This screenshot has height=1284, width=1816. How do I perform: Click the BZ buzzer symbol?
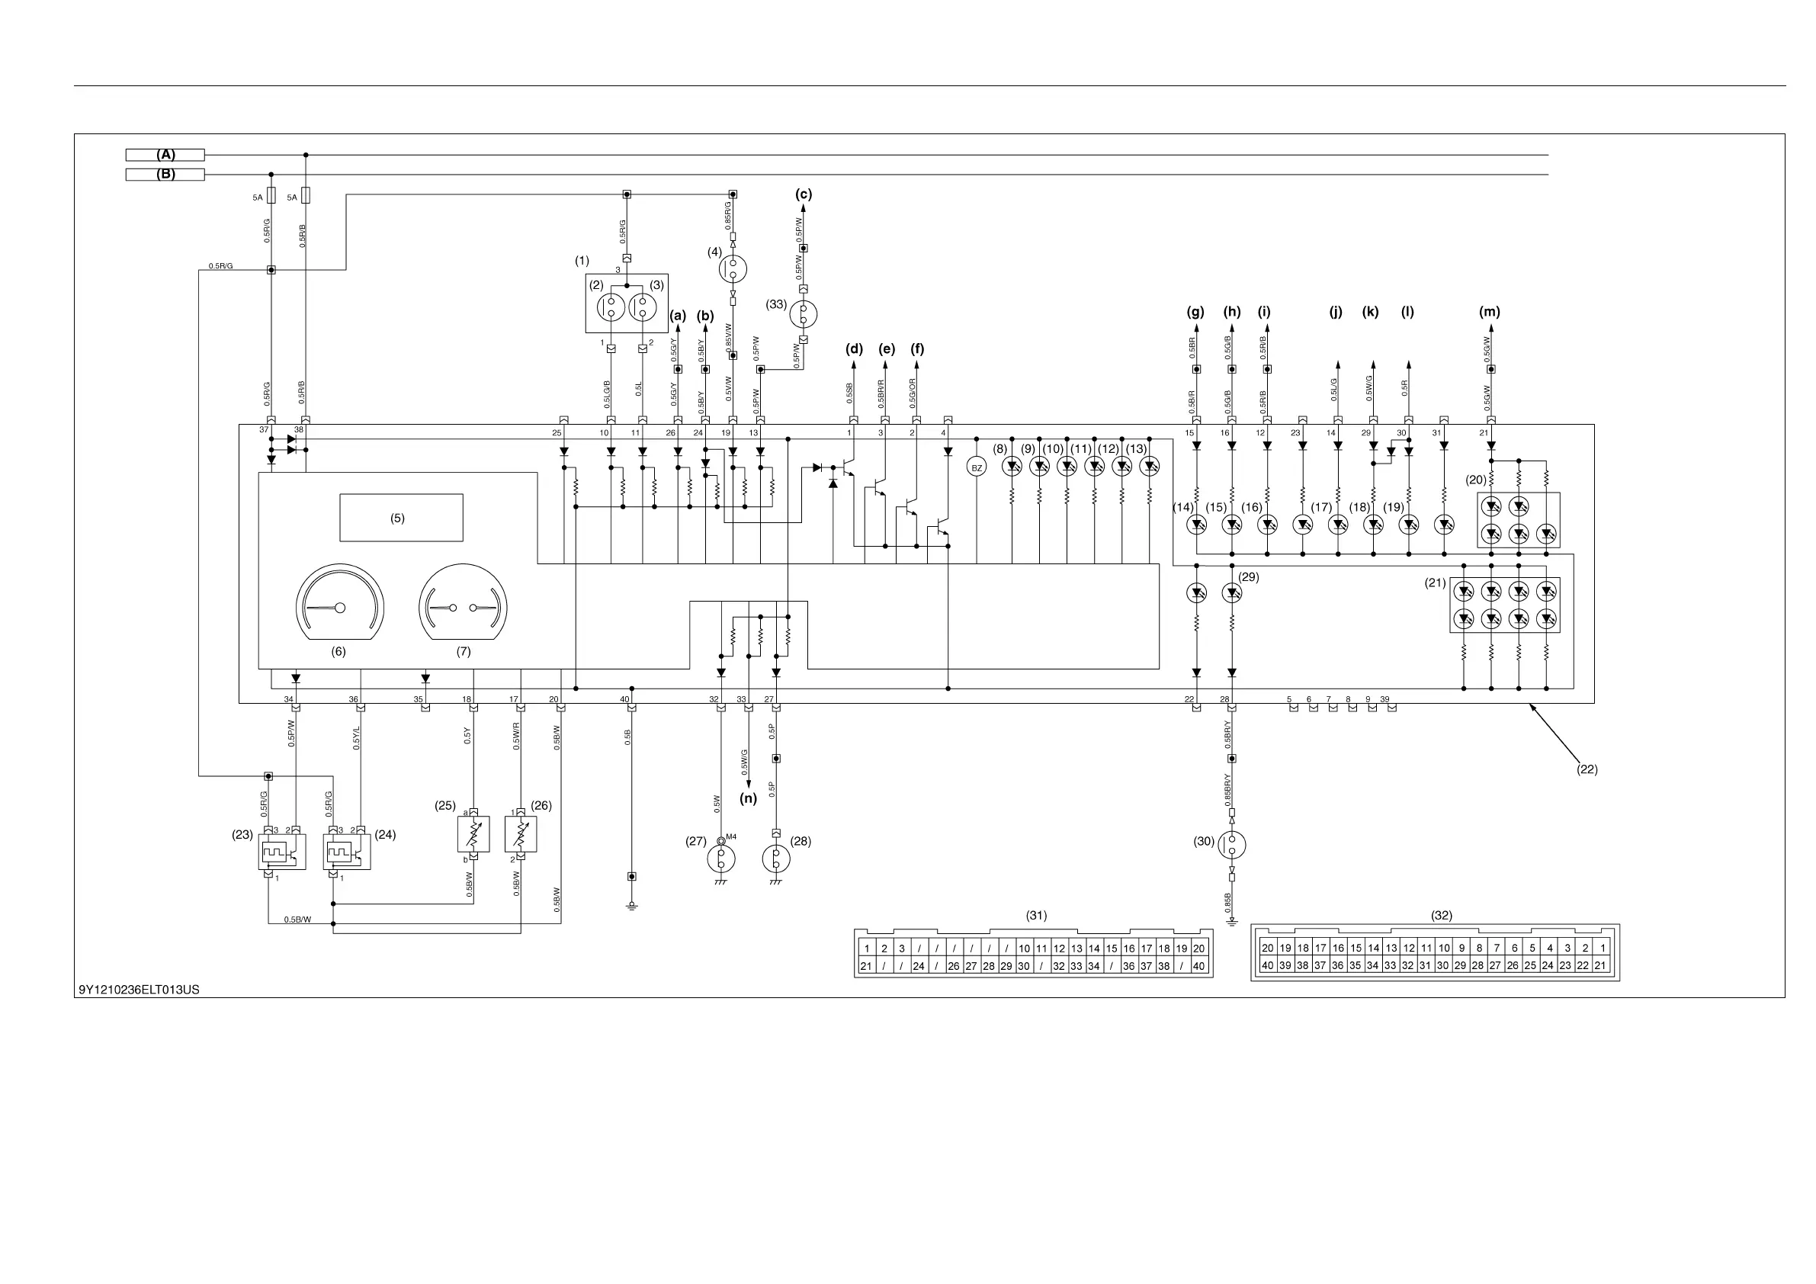(x=977, y=467)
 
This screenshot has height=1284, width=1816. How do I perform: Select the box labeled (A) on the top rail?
(x=165, y=155)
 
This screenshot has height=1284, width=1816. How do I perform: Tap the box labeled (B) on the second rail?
(x=165, y=174)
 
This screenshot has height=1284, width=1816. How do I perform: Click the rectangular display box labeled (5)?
(x=401, y=518)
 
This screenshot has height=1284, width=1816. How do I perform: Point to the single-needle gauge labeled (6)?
(x=340, y=605)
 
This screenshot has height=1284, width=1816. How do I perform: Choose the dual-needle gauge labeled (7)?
(x=464, y=605)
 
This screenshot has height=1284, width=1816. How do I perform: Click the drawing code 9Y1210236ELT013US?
(x=140, y=990)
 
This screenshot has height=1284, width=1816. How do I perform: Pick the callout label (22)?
(x=1587, y=769)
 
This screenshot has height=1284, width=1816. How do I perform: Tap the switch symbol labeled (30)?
(x=1231, y=844)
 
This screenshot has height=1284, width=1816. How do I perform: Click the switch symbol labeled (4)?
(x=733, y=269)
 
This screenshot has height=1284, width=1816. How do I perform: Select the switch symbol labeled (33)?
(x=803, y=314)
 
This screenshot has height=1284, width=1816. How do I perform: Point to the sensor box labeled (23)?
(x=282, y=853)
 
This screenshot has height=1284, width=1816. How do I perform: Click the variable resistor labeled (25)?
(x=473, y=834)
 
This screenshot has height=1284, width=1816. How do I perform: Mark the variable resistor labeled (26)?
(x=521, y=834)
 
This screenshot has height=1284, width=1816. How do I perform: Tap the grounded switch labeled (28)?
(x=776, y=859)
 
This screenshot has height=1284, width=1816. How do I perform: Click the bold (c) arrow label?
(x=804, y=194)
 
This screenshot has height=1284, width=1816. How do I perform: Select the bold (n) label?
(x=748, y=798)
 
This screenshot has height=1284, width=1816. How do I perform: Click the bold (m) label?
(x=1490, y=312)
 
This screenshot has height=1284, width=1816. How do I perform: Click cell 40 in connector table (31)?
(x=1199, y=966)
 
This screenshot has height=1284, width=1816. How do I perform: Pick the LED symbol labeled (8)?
(x=1012, y=467)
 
